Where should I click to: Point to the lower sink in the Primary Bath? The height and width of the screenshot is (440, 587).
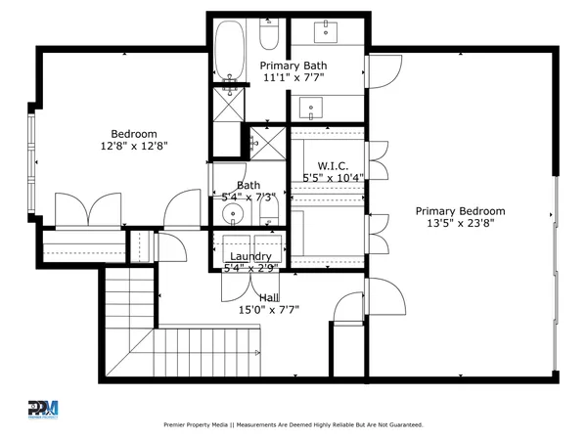click(313, 106)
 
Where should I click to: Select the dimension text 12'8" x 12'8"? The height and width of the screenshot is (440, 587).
click(133, 147)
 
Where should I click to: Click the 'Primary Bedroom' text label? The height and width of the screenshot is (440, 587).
click(460, 211)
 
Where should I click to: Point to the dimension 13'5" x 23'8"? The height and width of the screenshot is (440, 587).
click(460, 224)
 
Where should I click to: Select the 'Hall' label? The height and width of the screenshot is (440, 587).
click(269, 297)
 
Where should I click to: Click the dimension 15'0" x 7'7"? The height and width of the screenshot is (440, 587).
click(269, 310)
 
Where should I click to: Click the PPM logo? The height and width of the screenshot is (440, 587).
click(43, 408)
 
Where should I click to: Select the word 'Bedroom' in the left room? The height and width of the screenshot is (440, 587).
click(133, 134)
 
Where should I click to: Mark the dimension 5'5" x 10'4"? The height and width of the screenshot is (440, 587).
click(333, 178)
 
